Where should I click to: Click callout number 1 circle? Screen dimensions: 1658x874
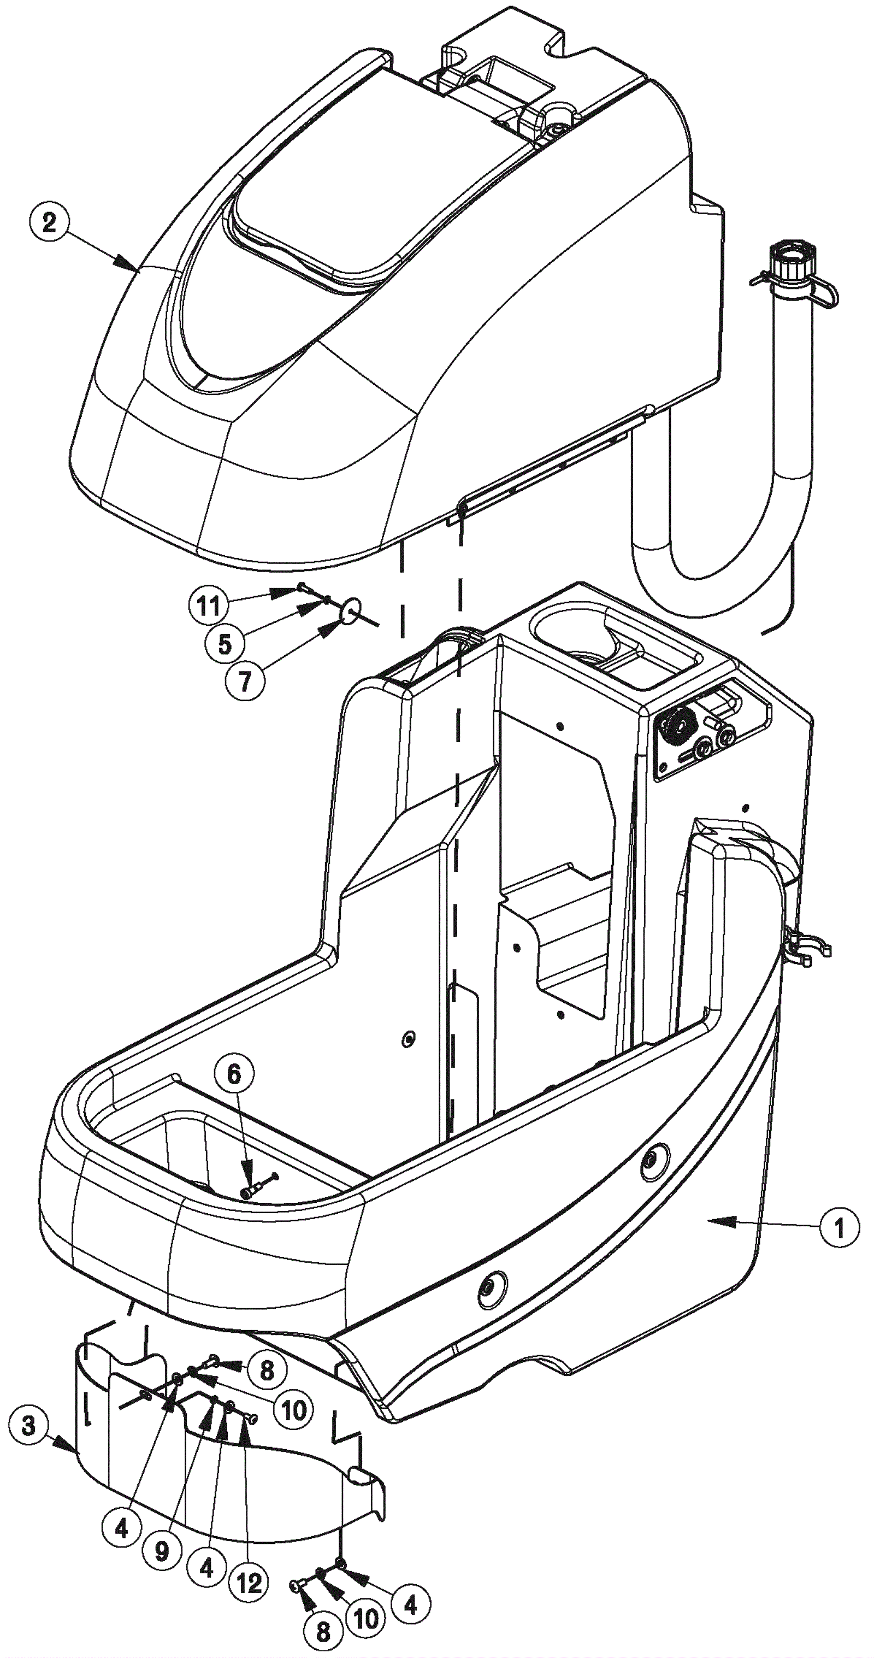[x=838, y=1227]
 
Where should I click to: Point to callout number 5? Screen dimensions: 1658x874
[x=225, y=643]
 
